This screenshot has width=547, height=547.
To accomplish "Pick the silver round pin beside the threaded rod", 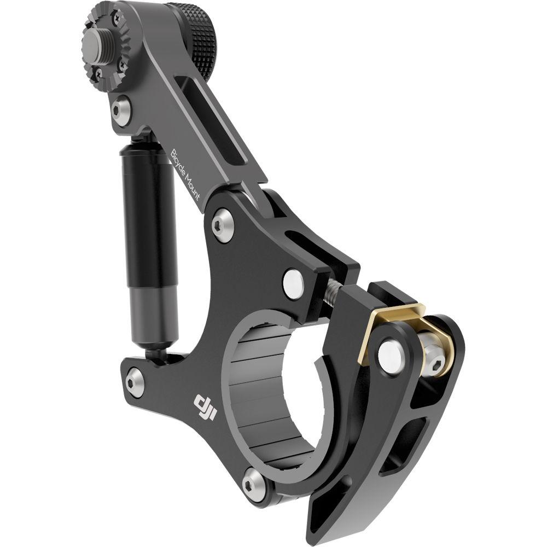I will click(x=294, y=281).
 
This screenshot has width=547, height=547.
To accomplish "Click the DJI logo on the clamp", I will click(x=203, y=408).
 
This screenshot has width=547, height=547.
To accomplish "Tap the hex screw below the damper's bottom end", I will click(x=135, y=381).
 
